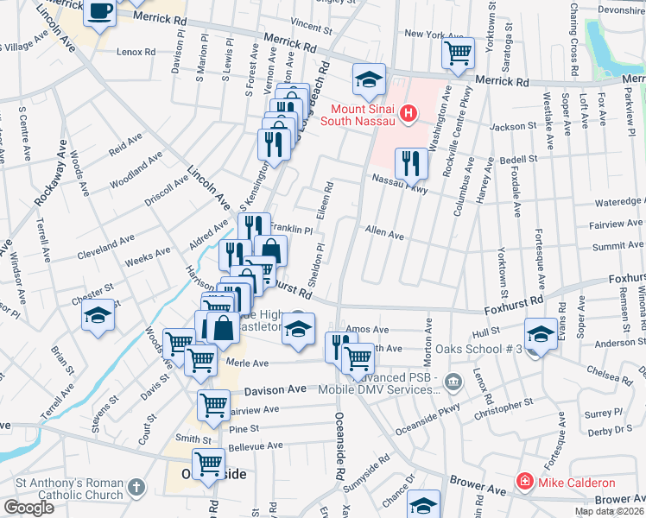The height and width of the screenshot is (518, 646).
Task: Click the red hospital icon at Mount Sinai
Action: pos(410,113)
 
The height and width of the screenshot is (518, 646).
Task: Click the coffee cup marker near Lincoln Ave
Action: pos(100,13)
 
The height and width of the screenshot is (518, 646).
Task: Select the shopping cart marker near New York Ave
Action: pos(458,54)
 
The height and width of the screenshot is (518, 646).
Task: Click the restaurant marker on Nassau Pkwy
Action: pos(411,162)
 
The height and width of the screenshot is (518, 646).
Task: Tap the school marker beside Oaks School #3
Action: pos(541,333)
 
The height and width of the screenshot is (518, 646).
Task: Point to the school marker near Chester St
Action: pos(98,316)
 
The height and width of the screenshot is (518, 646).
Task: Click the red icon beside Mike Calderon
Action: pos(523,482)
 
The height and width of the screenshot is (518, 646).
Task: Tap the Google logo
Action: pos(28,508)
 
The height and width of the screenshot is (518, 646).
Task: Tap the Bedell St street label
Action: pos(518,160)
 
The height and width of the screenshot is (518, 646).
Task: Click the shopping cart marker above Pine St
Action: pos(212,404)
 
